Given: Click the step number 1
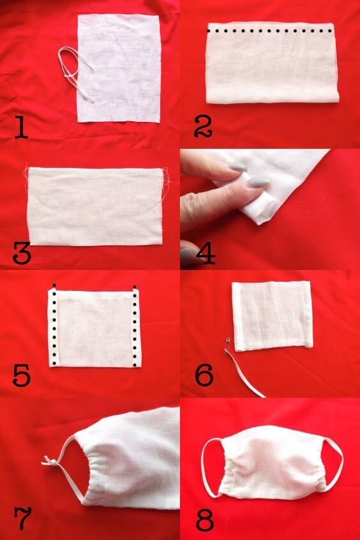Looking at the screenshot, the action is [x=21, y=128].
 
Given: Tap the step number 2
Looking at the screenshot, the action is [x=203, y=128].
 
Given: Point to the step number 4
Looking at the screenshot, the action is [x=206, y=253].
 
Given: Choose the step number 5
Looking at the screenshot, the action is [x=21, y=375].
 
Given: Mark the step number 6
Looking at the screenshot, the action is [x=204, y=375].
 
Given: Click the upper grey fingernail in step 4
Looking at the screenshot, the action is [x=238, y=167].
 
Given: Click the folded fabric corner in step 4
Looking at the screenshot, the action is [x=262, y=214].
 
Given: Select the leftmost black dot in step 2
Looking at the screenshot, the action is [x=209, y=31].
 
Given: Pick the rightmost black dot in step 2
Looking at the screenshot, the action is [x=330, y=31].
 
